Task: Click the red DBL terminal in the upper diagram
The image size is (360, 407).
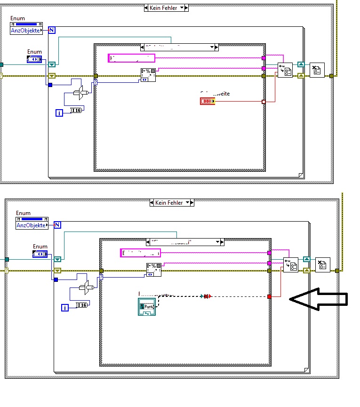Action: coord(207,101)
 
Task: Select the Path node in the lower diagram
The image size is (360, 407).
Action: coord(147,307)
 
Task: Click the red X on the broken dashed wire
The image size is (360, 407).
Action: coord(206,296)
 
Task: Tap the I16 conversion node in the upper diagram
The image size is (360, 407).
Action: coord(76,110)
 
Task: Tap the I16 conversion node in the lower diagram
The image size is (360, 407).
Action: coord(81,305)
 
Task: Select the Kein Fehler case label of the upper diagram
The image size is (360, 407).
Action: coord(166,8)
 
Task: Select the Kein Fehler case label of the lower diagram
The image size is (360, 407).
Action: coord(172,202)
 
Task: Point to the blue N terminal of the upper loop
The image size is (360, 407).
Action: coord(52,30)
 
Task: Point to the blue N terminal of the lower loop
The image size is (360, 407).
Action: coord(57,225)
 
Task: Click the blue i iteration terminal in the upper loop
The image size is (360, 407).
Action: coord(59,112)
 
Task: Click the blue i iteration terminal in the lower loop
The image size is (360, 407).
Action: coord(65,307)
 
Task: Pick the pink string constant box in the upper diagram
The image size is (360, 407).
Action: coord(131,58)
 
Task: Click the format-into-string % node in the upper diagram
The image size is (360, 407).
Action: coord(148,74)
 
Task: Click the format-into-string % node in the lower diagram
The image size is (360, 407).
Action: coord(153,270)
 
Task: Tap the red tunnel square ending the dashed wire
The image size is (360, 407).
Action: coord(269,296)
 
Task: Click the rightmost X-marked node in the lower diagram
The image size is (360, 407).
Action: coord(322,265)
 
